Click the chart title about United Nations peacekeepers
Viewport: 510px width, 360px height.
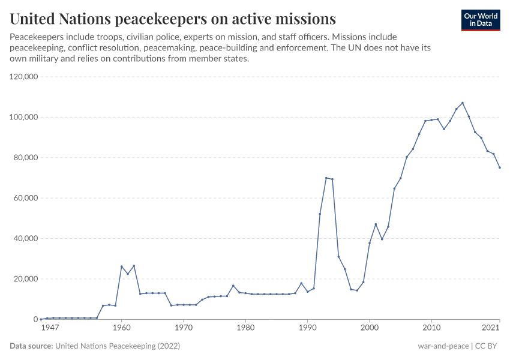173,19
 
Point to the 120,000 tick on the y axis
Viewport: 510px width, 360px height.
23,77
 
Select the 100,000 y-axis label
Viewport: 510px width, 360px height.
23,117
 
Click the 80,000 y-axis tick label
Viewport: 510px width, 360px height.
25,158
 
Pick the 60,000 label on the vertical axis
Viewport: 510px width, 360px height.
25,198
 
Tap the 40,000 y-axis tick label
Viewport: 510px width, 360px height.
25,238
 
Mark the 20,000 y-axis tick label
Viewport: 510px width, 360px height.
25,279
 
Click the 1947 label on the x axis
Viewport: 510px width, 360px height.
50,328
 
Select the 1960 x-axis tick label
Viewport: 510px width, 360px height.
121,328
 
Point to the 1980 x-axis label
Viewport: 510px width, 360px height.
245,328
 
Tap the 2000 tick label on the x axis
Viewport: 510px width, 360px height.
369,328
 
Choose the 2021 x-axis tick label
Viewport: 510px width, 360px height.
491,328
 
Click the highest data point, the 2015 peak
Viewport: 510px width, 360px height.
462,103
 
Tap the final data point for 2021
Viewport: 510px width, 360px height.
499,167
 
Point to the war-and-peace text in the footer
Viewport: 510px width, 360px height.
443,346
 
